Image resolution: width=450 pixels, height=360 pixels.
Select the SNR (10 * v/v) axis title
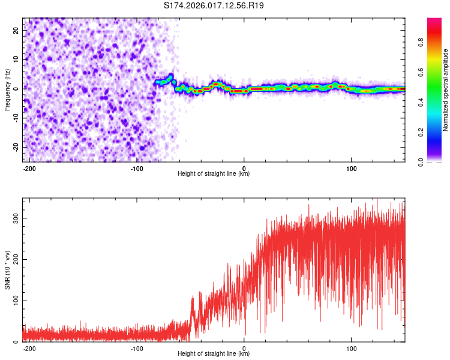point(7,270)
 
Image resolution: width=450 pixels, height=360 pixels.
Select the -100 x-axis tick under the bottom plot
point(137,349)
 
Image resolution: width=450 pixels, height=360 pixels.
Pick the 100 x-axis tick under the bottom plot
point(351,349)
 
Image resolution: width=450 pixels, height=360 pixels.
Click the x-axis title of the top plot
point(214,174)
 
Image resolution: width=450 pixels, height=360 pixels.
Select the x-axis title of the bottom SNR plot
point(214,354)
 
